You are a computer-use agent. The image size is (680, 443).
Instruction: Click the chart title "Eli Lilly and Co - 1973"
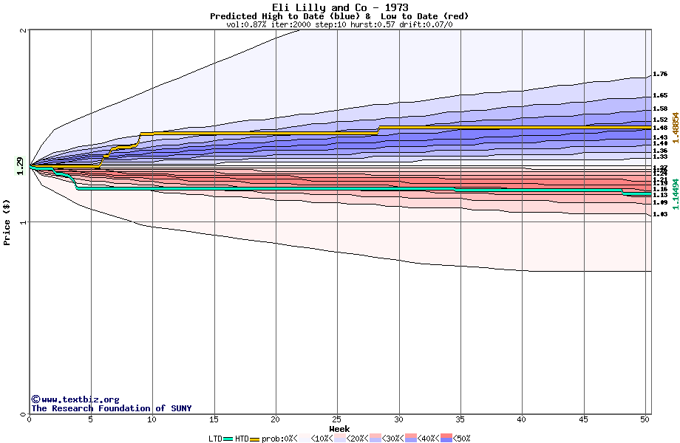point(339,7)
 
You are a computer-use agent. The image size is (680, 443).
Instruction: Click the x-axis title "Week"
point(339,429)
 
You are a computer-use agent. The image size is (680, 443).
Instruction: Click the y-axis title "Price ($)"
point(7,222)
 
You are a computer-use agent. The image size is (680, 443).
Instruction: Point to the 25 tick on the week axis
point(337,419)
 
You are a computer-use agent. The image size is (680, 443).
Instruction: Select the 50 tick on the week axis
point(645,419)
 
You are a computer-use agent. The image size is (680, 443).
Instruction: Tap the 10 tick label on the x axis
point(152,419)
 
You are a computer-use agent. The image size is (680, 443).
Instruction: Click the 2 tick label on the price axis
point(24,30)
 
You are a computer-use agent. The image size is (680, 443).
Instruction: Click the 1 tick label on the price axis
point(24,222)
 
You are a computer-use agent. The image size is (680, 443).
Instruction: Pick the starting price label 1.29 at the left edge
point(20,167)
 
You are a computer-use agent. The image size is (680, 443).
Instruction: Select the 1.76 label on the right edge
point(660,75)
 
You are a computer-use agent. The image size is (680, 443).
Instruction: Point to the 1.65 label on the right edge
point(660,96)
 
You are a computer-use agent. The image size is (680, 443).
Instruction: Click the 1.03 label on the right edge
point(660,214)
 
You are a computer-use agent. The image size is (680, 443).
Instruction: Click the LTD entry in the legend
point(215,439)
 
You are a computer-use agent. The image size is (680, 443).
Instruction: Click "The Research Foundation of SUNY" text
point(111,408)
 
